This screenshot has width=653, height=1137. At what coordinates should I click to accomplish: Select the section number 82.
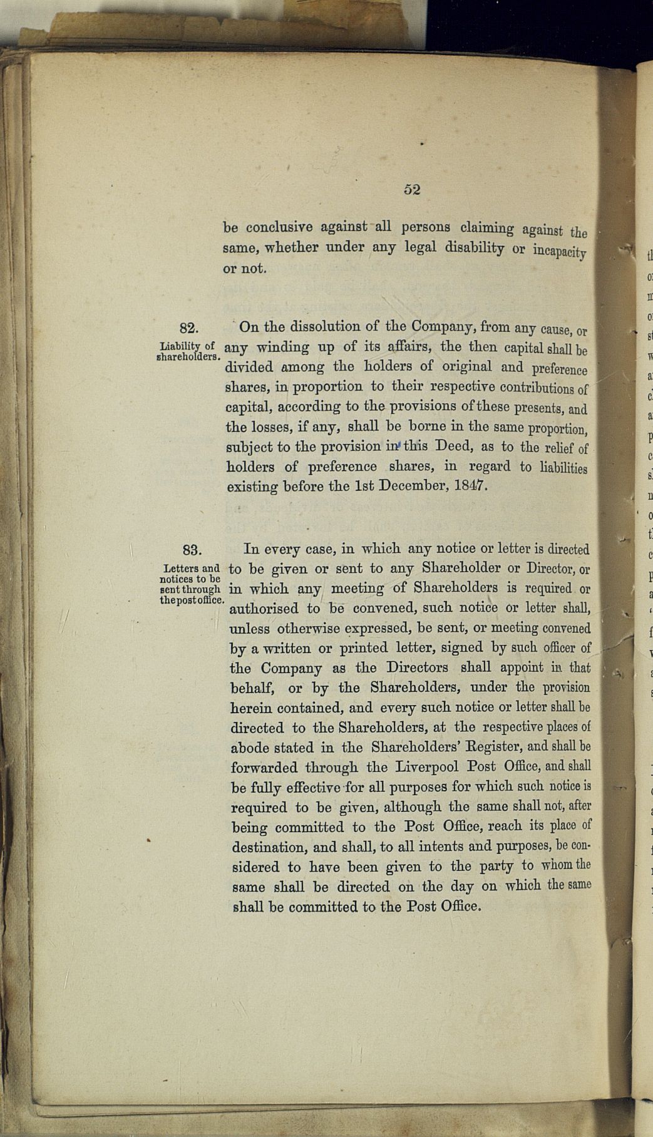(189, 328)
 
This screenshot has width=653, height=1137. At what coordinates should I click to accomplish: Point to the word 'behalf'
(252, 688)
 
